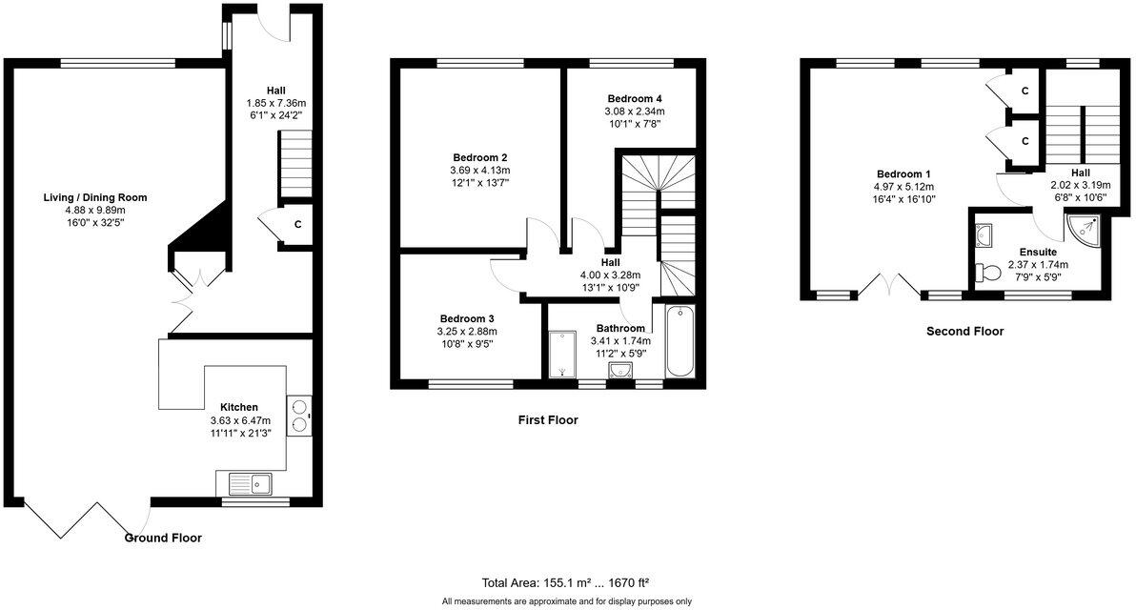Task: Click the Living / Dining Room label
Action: click(x=94, y=197)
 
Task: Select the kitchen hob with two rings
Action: click(x=299, y=415)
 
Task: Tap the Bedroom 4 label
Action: click(x=634, y=98)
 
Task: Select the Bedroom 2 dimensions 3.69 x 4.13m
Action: click(x=478, y=171)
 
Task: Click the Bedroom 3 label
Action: click(x=466, y=318)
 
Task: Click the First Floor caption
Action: click(x=548, y=419)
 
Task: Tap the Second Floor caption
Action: click(x=964, y=332)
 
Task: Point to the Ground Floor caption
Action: click(x=164, y=538)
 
